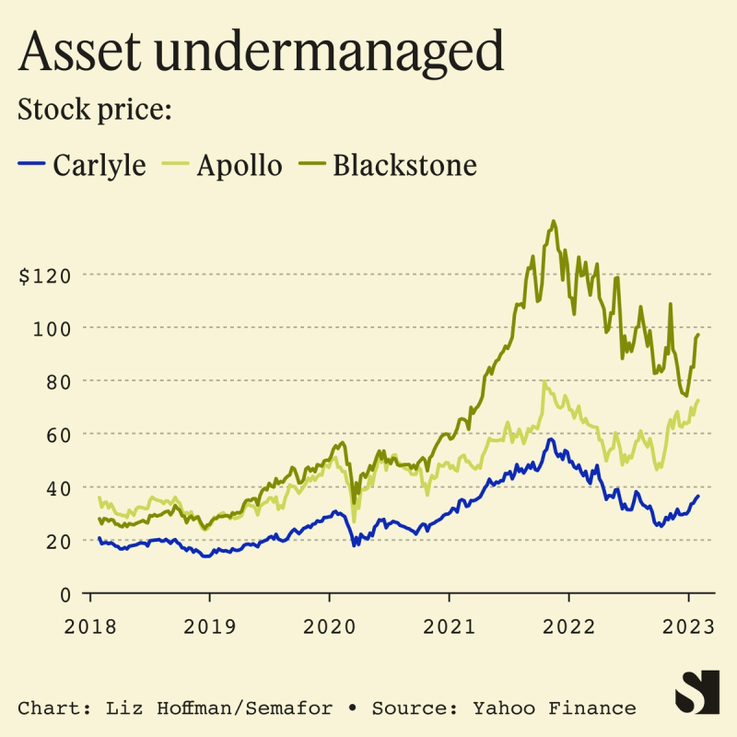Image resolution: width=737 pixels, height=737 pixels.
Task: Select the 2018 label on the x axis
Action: [x=91, y=626]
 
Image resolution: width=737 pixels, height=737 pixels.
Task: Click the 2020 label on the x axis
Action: [x=329, y=626]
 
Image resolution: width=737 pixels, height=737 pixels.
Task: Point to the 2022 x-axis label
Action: [x=568, y=626]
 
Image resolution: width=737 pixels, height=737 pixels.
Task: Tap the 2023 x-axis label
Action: [x=688, y=626]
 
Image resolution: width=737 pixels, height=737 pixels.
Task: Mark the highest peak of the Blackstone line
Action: [x=553, y=221]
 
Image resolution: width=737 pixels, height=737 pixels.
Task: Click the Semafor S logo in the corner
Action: [x=696, y=691]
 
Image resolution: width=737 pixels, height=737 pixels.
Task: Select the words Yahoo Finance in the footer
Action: [x=554, y=708]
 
